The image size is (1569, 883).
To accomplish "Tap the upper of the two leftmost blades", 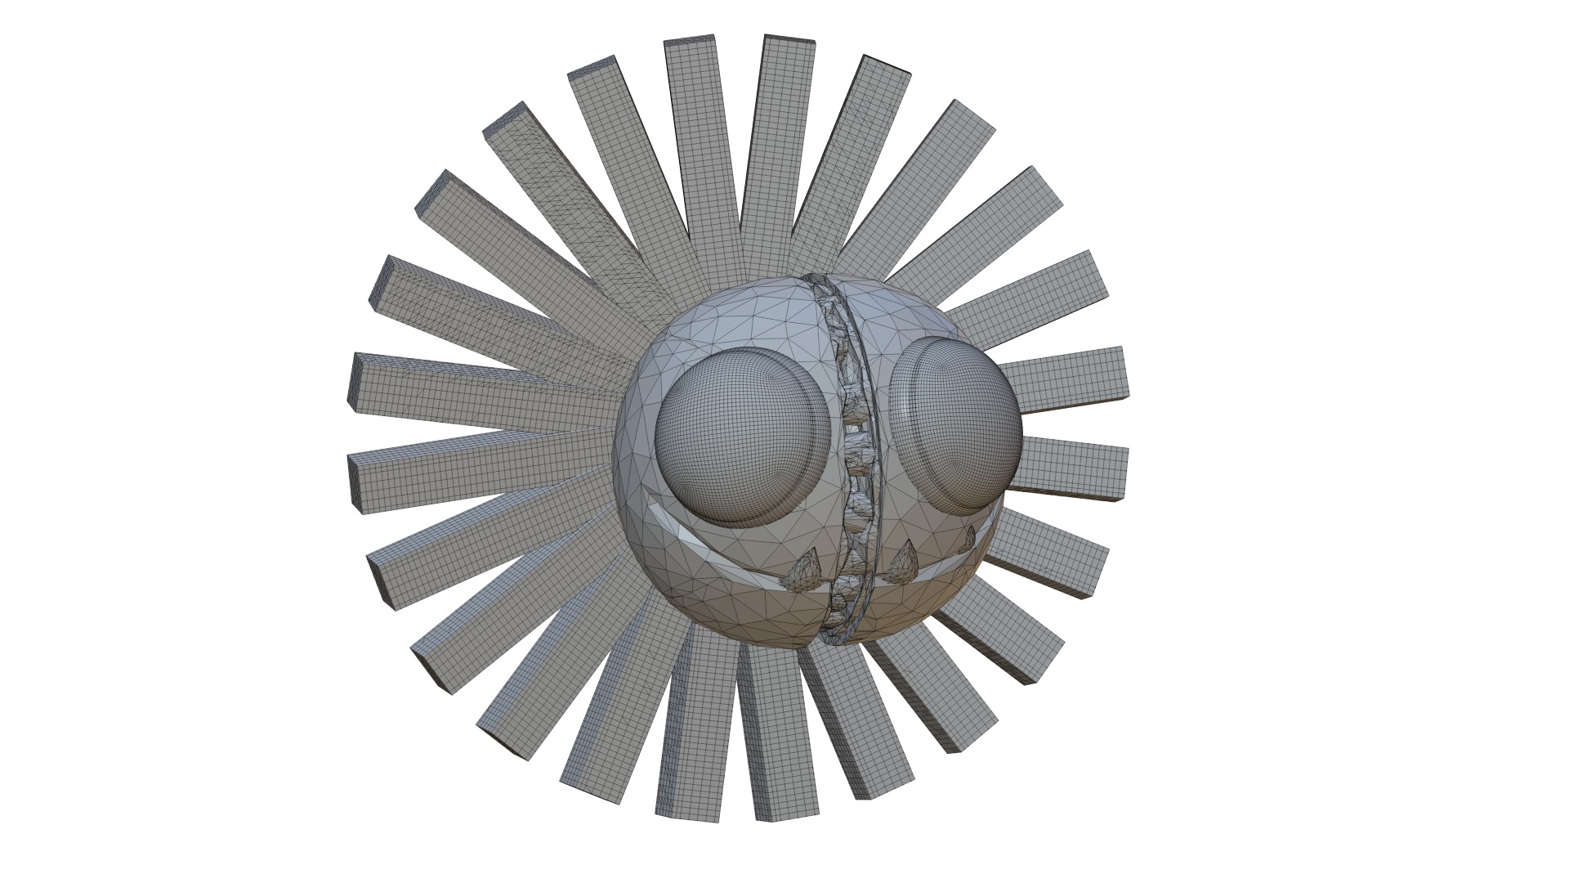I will point(482,388).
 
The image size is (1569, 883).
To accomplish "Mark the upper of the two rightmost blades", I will point(1062,378).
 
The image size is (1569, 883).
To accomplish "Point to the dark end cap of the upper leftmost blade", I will point(353,379).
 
